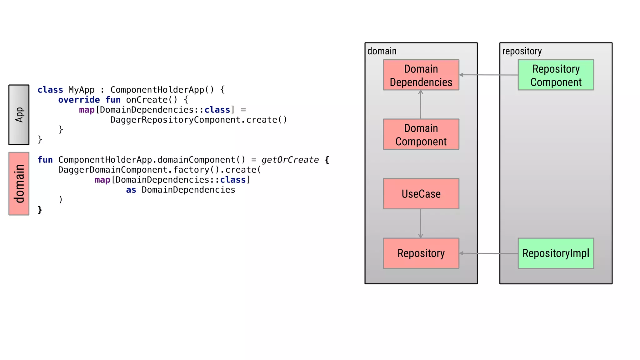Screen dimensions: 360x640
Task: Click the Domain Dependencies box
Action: tap(421, 75)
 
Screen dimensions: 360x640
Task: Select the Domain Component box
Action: tap(421, 134)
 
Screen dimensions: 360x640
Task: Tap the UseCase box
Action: tap(421, 194)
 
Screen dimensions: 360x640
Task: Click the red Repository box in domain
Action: tap(421, 253)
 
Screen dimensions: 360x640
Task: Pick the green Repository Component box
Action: tap(556, 75)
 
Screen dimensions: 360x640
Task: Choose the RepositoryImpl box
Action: tap(556, 253)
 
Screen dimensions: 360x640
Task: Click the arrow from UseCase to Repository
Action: tap(420, 223)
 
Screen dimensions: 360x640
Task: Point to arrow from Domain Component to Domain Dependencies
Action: tap(420, 105)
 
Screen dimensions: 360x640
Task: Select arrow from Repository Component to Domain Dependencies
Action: tap(488, 75)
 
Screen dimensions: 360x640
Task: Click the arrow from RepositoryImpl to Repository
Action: tap(488, 253)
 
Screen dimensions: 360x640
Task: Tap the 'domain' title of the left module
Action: tap(382, 51)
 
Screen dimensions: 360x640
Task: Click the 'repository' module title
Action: tap(522, 51)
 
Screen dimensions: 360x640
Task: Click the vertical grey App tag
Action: tap(19, 115)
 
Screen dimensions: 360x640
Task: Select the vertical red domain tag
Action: tap(19, 184)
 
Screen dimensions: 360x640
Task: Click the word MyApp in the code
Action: tap(81, 90)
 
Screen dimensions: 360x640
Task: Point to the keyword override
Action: tap(79, 100)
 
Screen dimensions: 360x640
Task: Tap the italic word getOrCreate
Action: tap(290, 160)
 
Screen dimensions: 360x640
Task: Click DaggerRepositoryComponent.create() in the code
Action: tap(198, 120)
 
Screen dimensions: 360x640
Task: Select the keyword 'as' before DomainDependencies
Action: tap(131, 190)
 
